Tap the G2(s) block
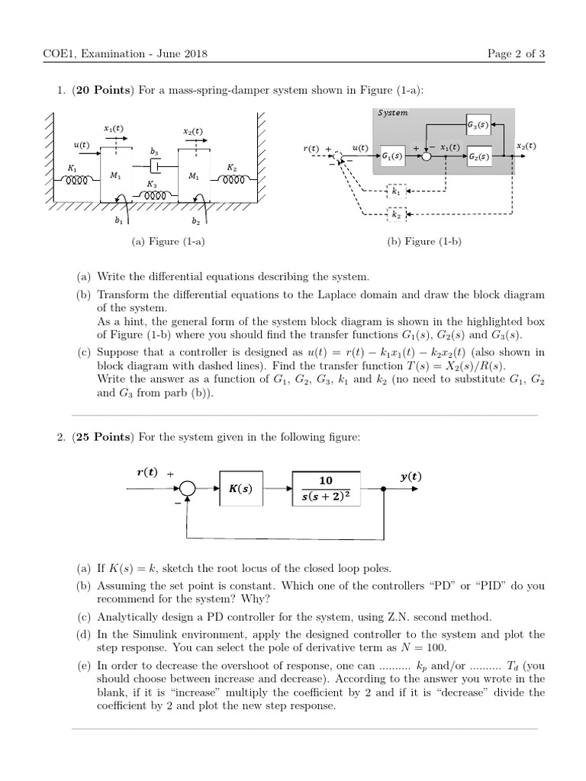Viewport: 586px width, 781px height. point(479,156)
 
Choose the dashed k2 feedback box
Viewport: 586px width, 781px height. point(396,215)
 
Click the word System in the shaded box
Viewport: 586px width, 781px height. point(392,113)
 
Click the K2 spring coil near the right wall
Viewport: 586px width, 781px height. point(234,181)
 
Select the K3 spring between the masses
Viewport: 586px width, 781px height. point(156,195)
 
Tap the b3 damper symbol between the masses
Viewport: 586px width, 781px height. point(156,165)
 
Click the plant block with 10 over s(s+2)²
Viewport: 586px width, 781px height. point(326,489)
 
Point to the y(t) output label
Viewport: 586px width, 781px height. point(410,477)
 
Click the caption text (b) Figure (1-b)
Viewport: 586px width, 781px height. point(425,242)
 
